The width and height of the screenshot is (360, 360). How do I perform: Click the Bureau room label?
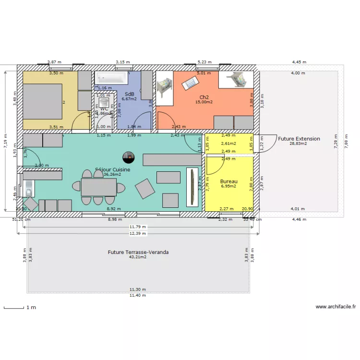[x=228, y=181]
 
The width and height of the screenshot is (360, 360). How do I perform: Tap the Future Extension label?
[x=299, y=139]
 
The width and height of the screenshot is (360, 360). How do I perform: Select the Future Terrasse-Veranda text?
[x=138, y=252]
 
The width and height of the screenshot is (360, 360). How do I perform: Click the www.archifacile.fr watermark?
[x=336, y=306]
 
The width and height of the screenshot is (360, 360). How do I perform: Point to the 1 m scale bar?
[x=14, y=308]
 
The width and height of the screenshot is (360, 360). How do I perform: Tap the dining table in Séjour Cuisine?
[x=98, y=187]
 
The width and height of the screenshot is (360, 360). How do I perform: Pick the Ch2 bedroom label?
[x=204, y=96]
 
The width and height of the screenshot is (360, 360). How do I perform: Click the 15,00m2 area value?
[x=204, y=102]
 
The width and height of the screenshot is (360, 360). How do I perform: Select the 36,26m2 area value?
[x=112, y=174]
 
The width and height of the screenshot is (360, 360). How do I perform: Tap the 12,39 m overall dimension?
[x=138, y=233]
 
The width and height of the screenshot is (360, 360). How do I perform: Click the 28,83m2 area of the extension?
[x=299, y=144]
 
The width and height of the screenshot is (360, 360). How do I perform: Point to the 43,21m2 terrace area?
[x=138, y=257]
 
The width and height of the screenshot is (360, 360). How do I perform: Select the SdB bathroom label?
[x=129, y=94]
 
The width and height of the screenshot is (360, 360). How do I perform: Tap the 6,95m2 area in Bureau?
[x=228, y=186]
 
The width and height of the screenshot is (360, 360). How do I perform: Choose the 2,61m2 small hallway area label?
[x=228, y=144]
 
